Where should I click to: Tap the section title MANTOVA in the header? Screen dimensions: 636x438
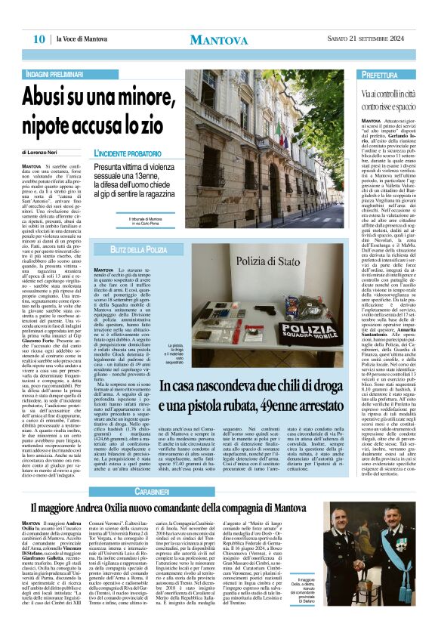[218, 39]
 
